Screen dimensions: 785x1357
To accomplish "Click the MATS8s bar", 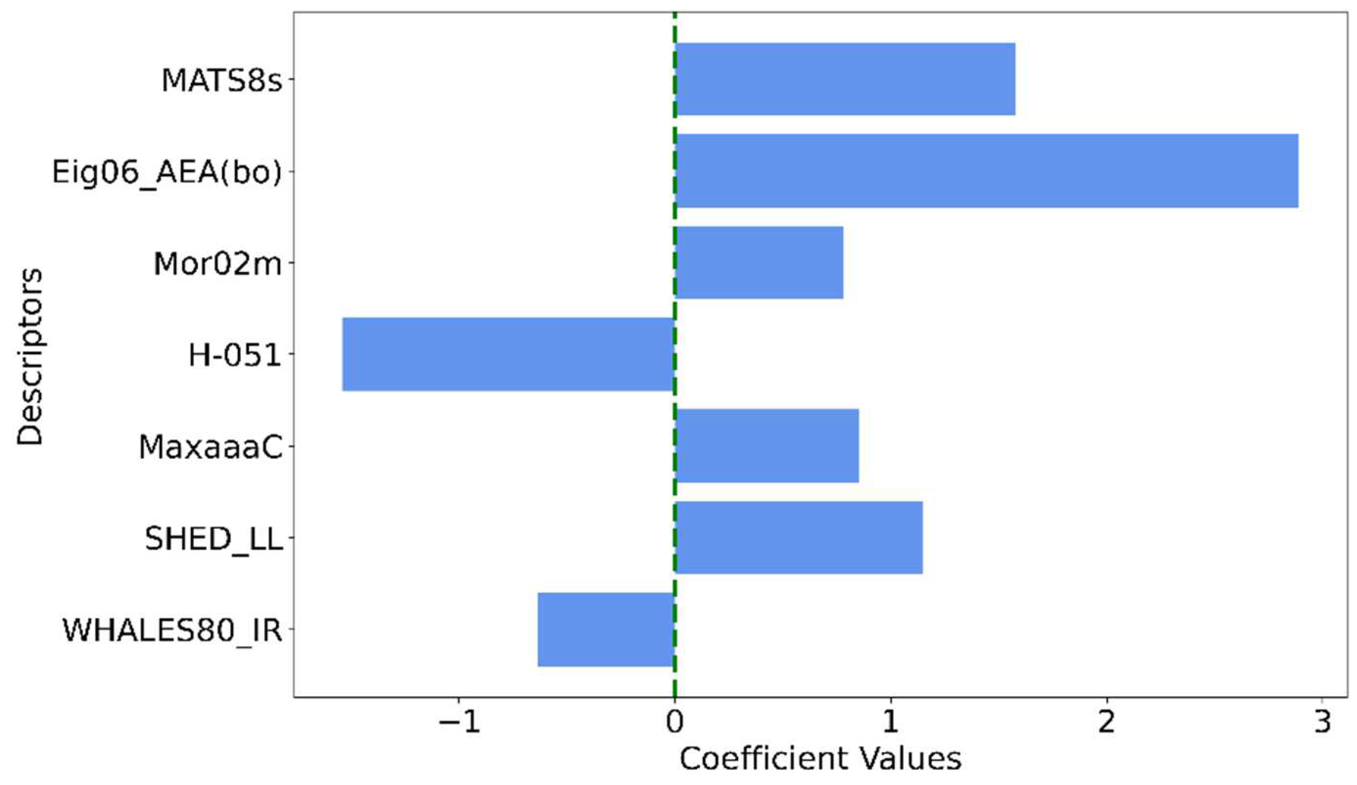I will (844, 79).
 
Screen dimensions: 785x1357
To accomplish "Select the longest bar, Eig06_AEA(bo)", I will (986, 171).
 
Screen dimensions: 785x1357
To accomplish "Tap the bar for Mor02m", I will (759, 263).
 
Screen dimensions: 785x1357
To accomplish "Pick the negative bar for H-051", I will (509, 354).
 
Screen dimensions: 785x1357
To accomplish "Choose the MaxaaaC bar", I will (766, 445).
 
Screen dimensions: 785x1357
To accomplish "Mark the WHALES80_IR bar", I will (606, 629).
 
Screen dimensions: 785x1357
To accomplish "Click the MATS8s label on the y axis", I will (222, 80).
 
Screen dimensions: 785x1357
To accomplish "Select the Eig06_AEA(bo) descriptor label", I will (167, 173).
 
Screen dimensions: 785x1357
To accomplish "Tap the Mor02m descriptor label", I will (218, 264).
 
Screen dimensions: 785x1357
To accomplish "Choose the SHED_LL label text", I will (214, 538).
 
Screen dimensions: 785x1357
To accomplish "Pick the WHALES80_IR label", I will (172, 630).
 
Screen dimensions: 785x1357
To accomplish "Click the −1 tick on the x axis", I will (459, 722).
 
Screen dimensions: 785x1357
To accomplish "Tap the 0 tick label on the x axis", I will (674, 722).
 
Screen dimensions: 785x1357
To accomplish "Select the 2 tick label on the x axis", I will (1106, 722).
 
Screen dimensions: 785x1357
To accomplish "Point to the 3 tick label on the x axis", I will (1322, 722).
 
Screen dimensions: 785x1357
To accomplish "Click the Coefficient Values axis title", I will (820, 759).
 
